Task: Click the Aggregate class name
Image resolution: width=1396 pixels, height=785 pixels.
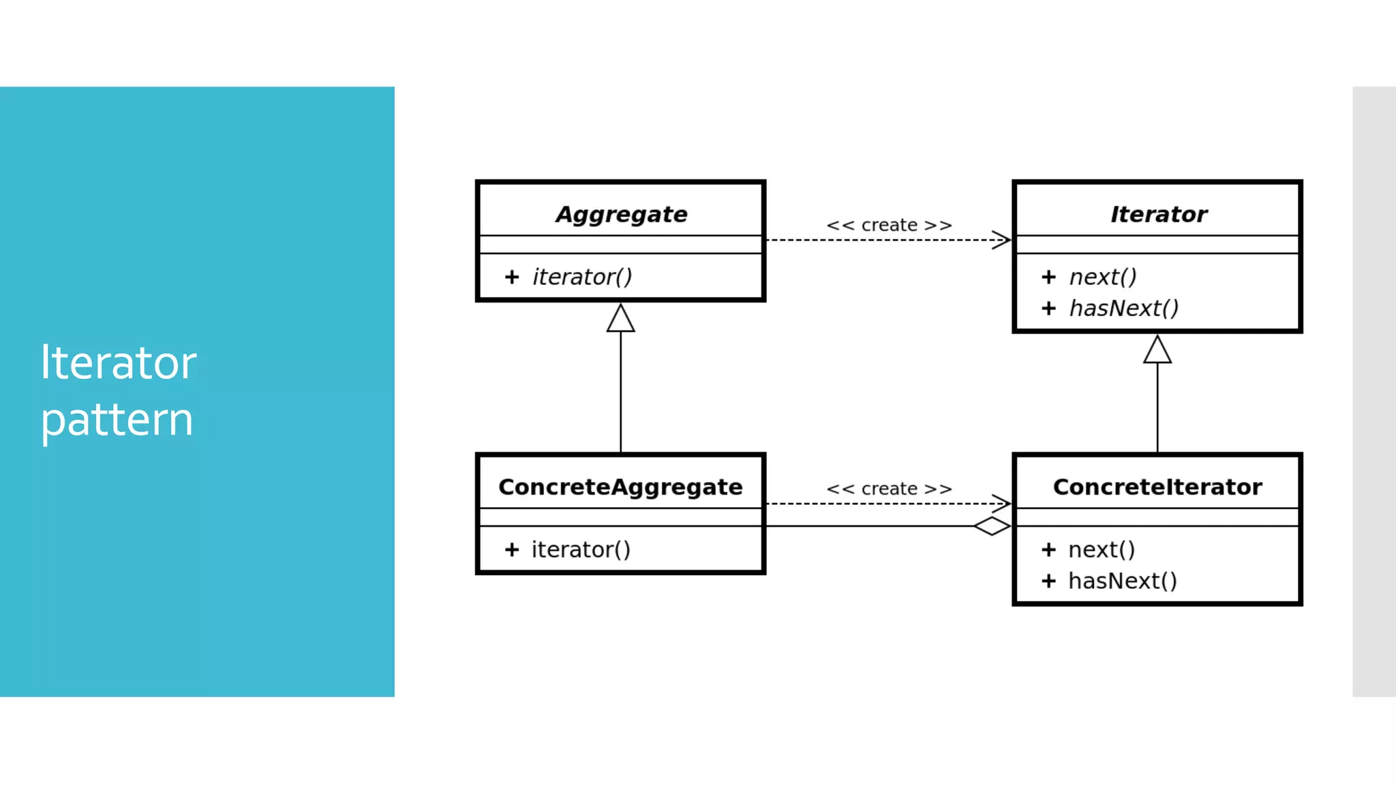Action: pyautogui.click(x=621, y=214)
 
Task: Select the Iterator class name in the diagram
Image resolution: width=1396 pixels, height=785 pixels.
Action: pyautogui.click(x=1158, y=214)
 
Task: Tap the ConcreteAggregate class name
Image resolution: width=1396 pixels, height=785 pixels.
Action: pyautogui.click(x=620, y=487)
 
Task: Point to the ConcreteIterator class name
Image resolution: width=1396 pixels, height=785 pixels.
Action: pyautogui.click(x=1157, y=487)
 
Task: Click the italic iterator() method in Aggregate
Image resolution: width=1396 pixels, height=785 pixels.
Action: pyautogui.click(x=582, y=277)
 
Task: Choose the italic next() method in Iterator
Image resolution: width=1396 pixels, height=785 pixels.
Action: pyautogui.click(x=1103, y=277)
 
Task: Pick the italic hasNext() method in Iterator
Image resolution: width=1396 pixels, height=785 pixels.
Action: pyautogui.click(x=1123, y=308)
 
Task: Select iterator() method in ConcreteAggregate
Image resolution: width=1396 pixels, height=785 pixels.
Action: pyautogui.click(x=581, y=549)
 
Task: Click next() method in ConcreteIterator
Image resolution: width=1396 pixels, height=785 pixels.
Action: pyautogui.click(x=1102, y=549)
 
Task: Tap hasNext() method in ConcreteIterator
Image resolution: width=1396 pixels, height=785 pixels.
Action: pyautogui.click(x=1122, y=581)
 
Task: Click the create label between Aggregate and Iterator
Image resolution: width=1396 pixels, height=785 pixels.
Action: pyautogui.click(x=889, y=225)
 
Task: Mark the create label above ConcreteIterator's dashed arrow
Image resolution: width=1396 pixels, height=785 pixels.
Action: pyautogui.click(x=889, y=489)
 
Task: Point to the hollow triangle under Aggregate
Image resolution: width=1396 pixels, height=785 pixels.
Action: pyautogui.click(x=620, y=318)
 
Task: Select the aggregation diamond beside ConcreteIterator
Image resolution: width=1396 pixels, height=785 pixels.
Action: pyautogui.click(x=992, y=526)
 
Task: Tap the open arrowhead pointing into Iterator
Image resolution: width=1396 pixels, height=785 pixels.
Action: pyautogui.click(x=1001, y=240)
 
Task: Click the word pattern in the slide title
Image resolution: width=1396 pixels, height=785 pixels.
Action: pyautogui.click(x=117, y=420)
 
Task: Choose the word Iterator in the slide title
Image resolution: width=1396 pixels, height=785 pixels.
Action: pyautogui.click(x=119, y=363)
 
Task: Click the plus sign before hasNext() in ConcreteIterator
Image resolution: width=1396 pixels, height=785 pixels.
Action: pyautogui.click(x=1048, y=581)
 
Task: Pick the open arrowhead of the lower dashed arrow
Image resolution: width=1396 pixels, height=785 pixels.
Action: pyautogui.click(x=1001, y=504)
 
